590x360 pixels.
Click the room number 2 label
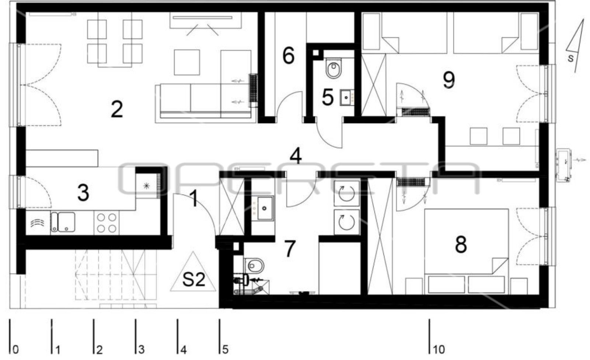[117, 109]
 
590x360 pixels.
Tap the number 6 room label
[288, 56]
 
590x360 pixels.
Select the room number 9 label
[448, 80]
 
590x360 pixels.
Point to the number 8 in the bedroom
[461, 245]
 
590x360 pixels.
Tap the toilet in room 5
[333, 68]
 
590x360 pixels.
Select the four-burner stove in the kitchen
[107, 223]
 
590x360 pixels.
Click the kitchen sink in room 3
[63, 222]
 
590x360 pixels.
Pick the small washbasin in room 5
[347, 98]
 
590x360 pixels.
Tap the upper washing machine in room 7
[347, 193]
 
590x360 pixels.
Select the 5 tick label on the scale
[225, 350]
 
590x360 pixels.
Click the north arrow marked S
[574, 46]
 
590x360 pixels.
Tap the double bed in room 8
[466, 251]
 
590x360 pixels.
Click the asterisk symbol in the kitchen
[146, 186]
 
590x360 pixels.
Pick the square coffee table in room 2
[187, 63]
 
